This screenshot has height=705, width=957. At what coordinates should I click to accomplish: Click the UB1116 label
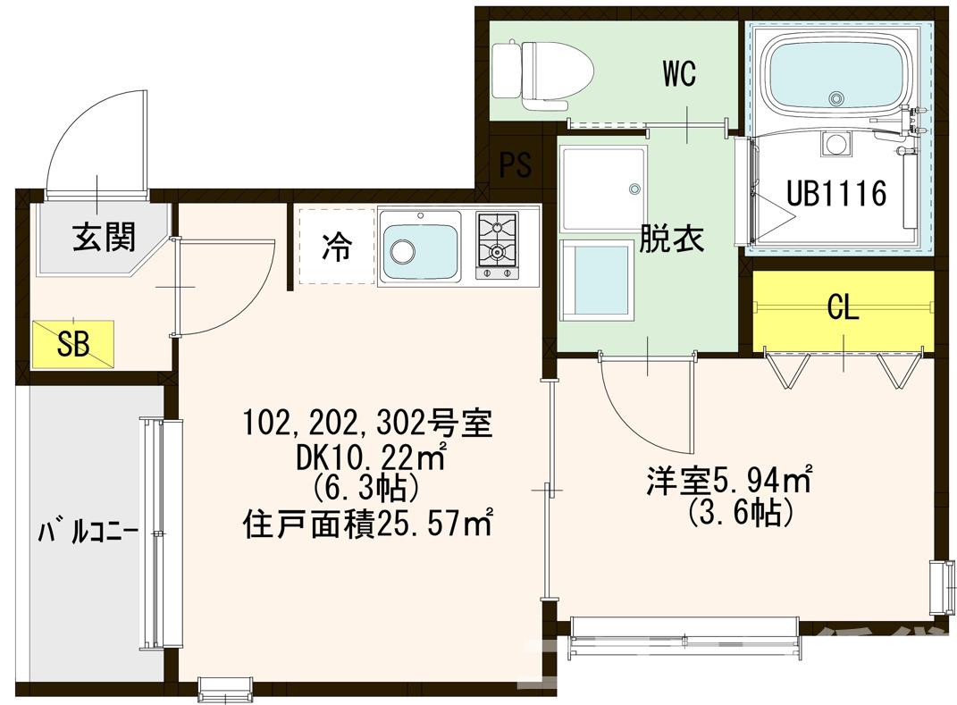pos(835,192)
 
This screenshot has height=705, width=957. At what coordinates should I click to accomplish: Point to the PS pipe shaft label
pos(515,164)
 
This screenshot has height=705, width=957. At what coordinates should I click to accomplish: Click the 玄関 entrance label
pos(104,237)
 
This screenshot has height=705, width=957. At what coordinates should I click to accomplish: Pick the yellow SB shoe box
pos(74,344)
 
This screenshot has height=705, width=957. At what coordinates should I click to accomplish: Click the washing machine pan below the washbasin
pos(596,280)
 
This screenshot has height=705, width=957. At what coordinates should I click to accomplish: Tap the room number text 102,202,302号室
pos(366,423)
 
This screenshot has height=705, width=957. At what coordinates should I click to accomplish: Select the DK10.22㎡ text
pos(366,457)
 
